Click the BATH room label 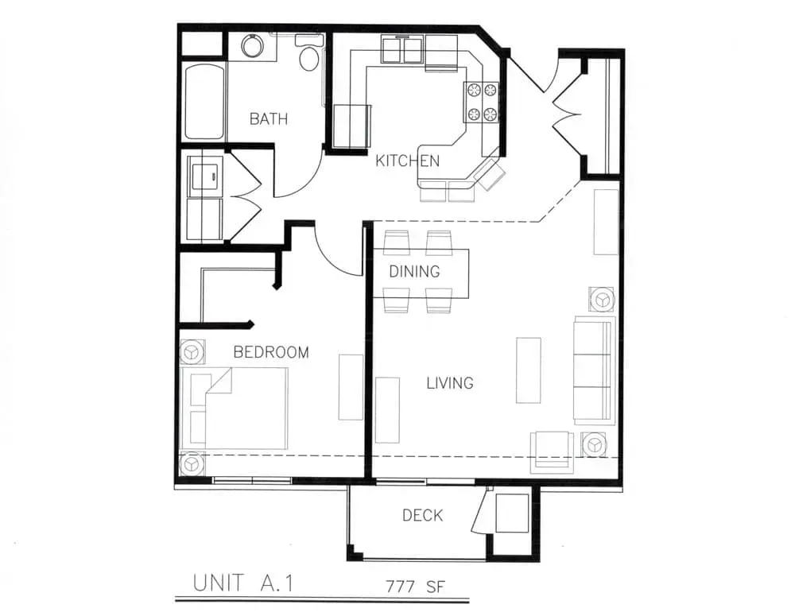pyautogui.click(x=269, y=119)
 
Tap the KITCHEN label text pyautogui.click(x=407, y=161)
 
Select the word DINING pyautogui.click(x=414, y=272)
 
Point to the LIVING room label pyautogui.click(x=450, y=383)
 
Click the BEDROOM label pyautogui.click(x=271, y=352)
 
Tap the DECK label pyautogui.click(x=422, y=516)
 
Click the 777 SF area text pyautogui.click(x=415, y=587)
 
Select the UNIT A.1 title pyautogui.click(x=243, y=583)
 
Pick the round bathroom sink pyautogui.click(x=252, y=45)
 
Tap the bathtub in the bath pyautogui.click(x=204, y=102)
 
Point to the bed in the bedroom pyautogui.click(x=235, y=408)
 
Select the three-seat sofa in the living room pyautogui.click(x=594, y=370)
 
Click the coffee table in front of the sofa pyautogui.click(x=529, y=370)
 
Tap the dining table pyautogui.click(x=421, y=273)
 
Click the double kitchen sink pyautogui.click(x=402, y=49)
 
